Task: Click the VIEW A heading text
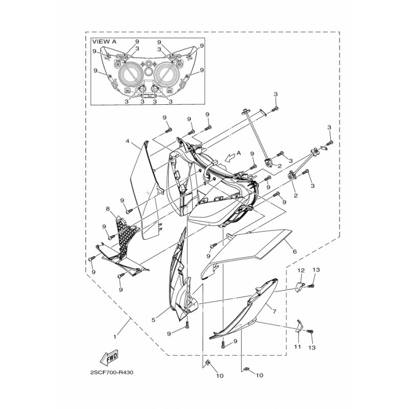(x=105, y=42)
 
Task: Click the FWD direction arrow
(x=109, y=357)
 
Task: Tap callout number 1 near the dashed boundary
(x=115, y=337)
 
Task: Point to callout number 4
(x=127, y=141)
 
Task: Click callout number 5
(x=153, y=320)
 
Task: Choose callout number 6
(x=295, y=252)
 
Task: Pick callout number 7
(x=274, y=311)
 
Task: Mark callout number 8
(x=108, y=209)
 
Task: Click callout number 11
(x=298, y=347)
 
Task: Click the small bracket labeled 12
(x=301, y=287)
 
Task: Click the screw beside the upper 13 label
(x=311, y=286)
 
